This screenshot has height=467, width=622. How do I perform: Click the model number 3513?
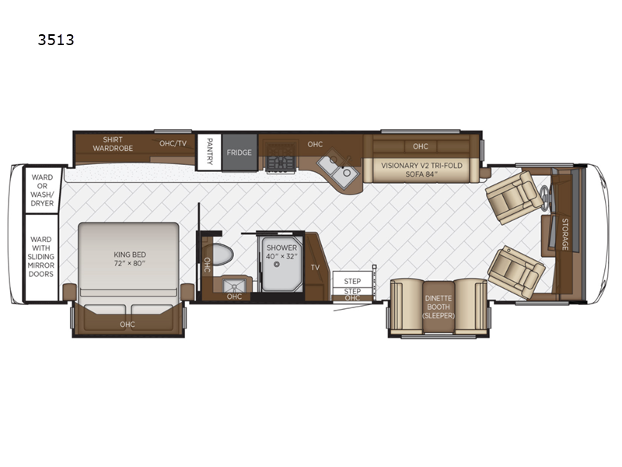click(x=56, y=40)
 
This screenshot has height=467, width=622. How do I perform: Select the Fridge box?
click(x=239, y=153)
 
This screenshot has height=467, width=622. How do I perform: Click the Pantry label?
click(x=209, y=151)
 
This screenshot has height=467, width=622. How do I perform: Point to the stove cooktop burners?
click(x=281, y=157)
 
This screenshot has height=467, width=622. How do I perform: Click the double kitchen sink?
click(x=337, y=170)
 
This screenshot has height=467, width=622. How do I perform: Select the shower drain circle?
click(x=277, y=265)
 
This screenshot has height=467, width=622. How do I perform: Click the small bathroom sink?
click(x=234, y=285)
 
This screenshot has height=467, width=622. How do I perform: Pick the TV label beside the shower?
click(x=316, y=267)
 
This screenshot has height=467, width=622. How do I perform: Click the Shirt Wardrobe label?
click(x=113, y=144)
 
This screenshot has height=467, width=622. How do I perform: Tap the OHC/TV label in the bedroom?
click(x=173, y=143)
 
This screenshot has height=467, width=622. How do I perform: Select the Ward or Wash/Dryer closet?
click(x=42, y=190)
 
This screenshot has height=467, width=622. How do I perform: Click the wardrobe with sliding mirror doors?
click(x=41, y=257)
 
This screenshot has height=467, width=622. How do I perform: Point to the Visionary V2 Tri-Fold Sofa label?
click(x=421, y=170)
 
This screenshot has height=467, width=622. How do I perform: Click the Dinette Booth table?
click(x=439, y=307)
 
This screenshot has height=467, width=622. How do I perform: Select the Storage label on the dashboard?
click(x=565, y=234)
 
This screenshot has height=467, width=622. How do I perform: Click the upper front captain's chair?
click(x=514, y=197)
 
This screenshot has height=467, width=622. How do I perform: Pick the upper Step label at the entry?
click(x=352, y=281)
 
